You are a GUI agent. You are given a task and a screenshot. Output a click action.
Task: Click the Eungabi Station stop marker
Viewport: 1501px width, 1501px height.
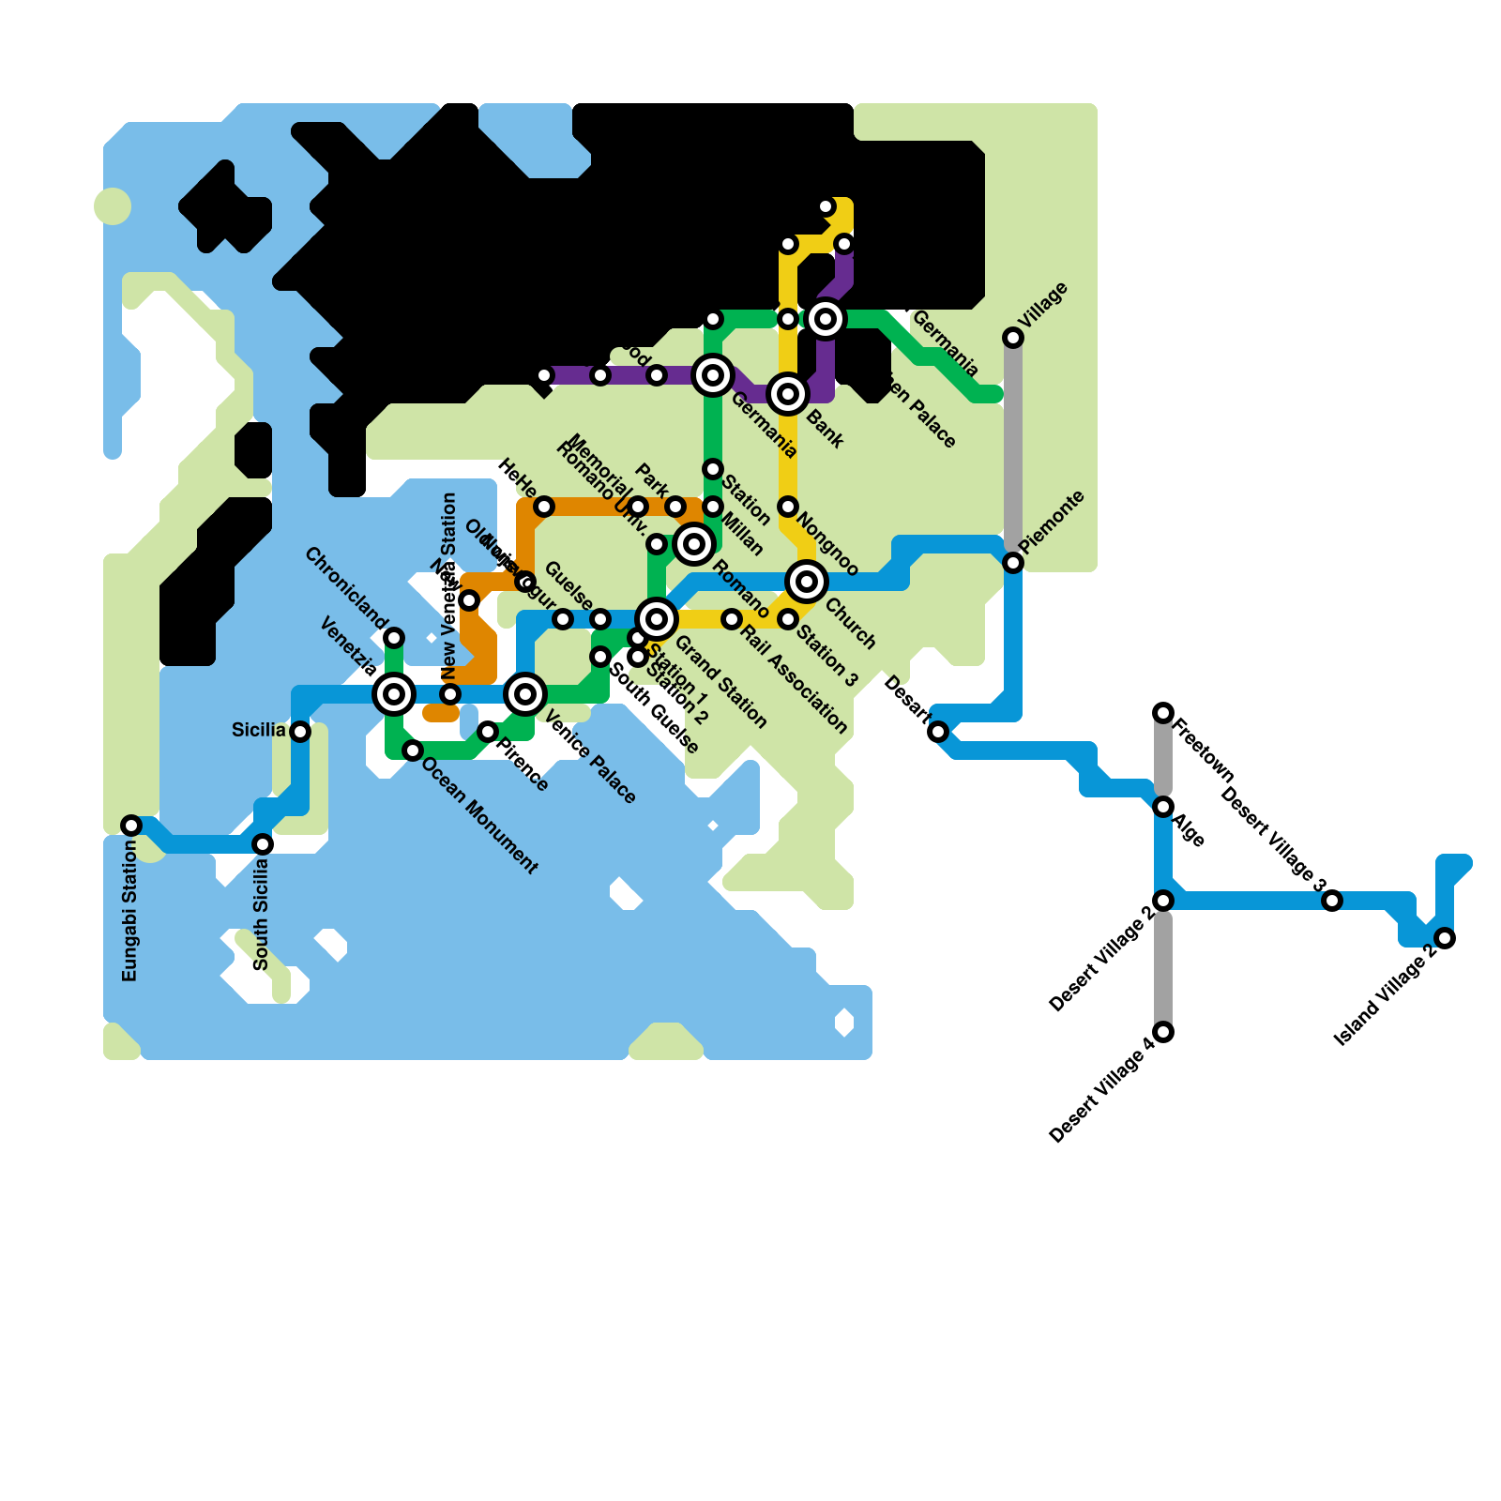(x=131, y=826)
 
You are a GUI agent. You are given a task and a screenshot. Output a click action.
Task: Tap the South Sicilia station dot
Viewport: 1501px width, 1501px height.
(x=263, y=844)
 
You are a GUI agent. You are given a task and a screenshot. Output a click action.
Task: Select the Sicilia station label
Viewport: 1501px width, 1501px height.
(x=258, y=730)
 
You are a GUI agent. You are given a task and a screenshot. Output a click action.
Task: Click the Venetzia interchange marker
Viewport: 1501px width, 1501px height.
(x=394, y=694)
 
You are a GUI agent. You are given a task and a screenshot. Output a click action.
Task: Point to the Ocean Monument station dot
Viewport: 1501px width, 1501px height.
(x=413, y=750)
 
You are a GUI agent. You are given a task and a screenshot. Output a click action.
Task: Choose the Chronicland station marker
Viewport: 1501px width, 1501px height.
(x=394, y=638)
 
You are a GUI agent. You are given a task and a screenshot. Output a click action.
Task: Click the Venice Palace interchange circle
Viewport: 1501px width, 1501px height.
(x=525, y=694)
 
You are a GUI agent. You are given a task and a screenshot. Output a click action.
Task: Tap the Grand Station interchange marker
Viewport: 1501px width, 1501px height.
(x=657, y=619)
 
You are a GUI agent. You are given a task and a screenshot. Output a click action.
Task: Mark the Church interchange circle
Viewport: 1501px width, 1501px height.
(x=807, y=582)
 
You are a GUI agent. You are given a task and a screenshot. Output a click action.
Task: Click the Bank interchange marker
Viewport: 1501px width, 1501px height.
(x=788, y=394)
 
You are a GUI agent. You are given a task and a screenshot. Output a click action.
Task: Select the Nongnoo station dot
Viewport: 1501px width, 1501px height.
(x=788, y=507)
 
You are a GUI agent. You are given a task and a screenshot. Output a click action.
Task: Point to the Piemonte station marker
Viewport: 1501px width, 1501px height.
(x=1013, y=563)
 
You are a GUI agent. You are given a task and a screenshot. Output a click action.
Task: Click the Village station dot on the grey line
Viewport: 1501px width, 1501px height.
(x=1013, y=338)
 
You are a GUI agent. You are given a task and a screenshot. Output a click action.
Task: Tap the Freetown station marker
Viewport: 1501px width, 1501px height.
(x=1163, y=713)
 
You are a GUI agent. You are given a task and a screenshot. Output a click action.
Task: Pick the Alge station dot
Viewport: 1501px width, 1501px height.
(x=1163, y=807)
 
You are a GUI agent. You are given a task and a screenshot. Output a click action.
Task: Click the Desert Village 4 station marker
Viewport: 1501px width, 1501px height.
(x=1163, y=1032)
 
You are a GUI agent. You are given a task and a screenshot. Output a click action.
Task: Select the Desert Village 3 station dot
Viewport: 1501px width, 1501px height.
(x=1332, y=901)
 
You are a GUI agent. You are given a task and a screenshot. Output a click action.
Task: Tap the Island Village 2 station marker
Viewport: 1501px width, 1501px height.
(x=1445, y=938)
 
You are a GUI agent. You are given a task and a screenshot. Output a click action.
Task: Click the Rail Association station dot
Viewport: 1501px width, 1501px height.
(x=732, y=619)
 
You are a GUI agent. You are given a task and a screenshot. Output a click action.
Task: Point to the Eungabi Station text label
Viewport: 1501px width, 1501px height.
(x=130, y=911)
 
